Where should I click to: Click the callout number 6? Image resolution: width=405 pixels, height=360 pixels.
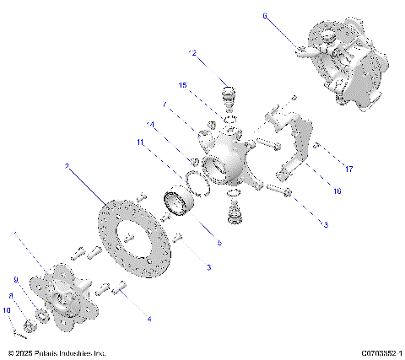click(x=264, y=15)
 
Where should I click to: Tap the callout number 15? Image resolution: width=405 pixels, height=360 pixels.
click(x=182, y=85)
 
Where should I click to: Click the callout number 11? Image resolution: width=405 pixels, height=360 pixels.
click(x=142, y=142)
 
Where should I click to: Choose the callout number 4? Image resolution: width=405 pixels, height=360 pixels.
click(x=149, y=320)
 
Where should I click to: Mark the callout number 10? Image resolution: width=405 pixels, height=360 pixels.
click(x=7, y=310)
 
